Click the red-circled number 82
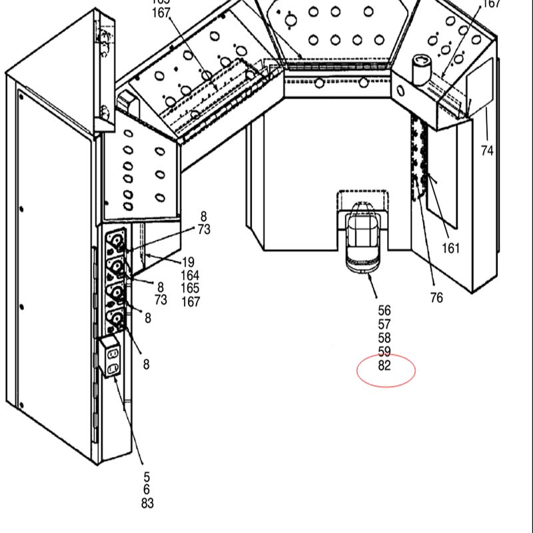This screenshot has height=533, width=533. [x=384, y=366]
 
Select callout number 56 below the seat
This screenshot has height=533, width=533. [x=384, y=310]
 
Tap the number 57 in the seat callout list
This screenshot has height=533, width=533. [x=384, y=324]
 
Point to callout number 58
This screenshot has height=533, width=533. [x=384, y=338]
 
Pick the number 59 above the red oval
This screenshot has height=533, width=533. [x=384, y=352]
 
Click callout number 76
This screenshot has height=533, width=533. [x=436, y=298]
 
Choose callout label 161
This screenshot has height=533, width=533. [x=451, y=249]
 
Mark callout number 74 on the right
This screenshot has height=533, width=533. [x=487, y=151]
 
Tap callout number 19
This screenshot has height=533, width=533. [x=188, y=263]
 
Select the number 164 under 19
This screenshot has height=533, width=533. [x=191, y=275]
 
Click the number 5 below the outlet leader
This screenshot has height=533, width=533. [x=147, y=477]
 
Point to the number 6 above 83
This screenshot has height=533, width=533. [x=147, y=490]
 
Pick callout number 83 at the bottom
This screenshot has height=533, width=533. [x=147, y=504]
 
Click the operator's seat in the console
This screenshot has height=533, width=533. [x=363, y=233]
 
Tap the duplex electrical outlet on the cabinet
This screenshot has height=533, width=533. [x=111, y=358]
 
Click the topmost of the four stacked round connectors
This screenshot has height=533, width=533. [x=117, y=240]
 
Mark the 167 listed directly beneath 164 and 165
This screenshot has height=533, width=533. [x=191, y=302]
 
